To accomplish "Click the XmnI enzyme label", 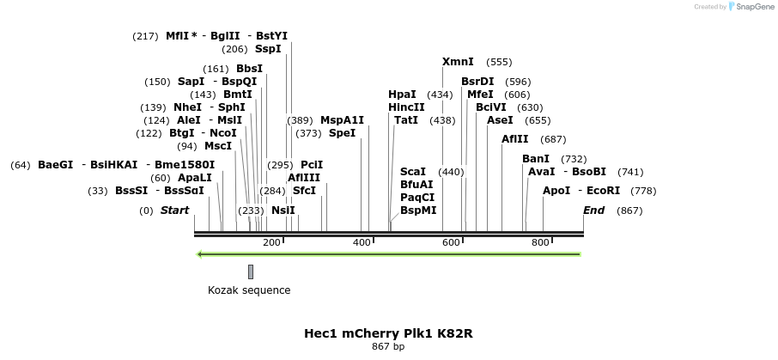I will [458, 62].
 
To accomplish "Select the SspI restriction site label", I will [268, 49].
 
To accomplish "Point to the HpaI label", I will [402, 95].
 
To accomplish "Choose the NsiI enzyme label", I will [283, 211].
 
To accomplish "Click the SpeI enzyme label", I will [342, 133].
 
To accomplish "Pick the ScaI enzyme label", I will [413, 172].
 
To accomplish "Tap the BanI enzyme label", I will [536, 159].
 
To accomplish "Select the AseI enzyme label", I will [500, 120].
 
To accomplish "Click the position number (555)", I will [499, 63].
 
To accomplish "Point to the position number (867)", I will [629, 211].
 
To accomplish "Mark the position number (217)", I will [145, 36].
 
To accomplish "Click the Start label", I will [174, 211].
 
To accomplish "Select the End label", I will [593, 211].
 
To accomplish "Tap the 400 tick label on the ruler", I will [362, 242].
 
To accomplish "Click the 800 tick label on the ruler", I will [540, 242].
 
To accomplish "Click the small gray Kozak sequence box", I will [251, 272].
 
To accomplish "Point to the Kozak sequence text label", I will [249, 290].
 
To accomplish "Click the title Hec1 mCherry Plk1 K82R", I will [388, 333].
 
